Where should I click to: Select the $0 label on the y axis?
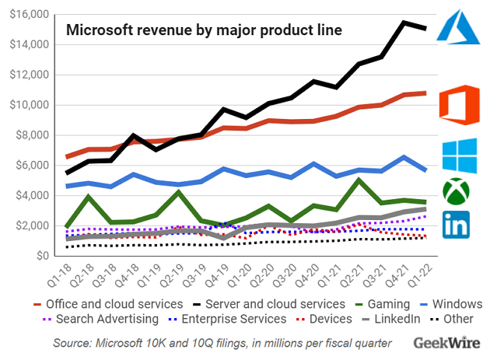coord(38,256)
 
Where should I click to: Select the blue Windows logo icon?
coord(460,156)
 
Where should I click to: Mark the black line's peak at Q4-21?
coord(404,23)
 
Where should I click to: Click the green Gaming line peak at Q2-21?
coord(358,180)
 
